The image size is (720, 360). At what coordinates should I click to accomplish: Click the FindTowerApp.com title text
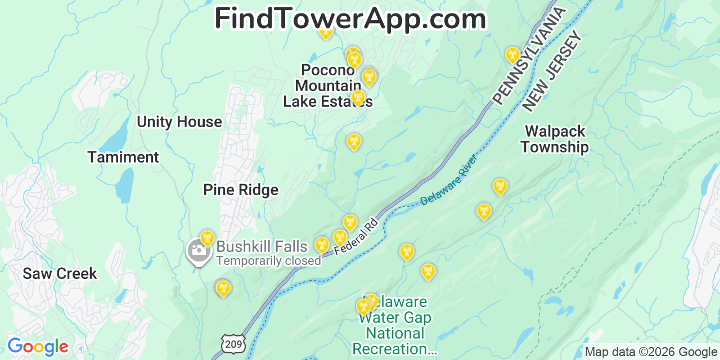pyautogui.click(x=350, y=19)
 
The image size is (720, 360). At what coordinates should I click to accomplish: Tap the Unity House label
pyautogui.click(x=179, y=122)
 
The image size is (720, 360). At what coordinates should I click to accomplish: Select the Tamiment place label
pyautogui.click(x=123, y=157)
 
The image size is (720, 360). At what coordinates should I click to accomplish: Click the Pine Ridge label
pyautogui.click(x=241, y=190)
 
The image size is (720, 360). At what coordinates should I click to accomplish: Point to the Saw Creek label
pyautogui.click(x=60, y=274)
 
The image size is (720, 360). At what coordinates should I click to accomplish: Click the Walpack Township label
pyautogui.click(x=555, y=139)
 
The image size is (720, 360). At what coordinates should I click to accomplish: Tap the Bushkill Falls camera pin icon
pyautogui.click(x=198, y=251)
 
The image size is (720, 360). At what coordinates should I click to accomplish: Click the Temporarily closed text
pyautogui.click(x=268, y=261)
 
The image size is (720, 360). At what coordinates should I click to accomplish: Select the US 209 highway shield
pyautogui.click(x=232, y=343)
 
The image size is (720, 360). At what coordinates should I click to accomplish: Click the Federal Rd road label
pyautogui.click(x=355, y=236)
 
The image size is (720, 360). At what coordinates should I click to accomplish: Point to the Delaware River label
pyautogui.click(x=449, y=179)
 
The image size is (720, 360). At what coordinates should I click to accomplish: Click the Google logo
pyautogui.click(x=38, y=347)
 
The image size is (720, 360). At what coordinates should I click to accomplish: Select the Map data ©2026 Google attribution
pyautogui.click(x=651, y=352)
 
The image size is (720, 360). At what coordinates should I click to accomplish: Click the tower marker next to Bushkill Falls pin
pyautogui.click(x=208, y=238)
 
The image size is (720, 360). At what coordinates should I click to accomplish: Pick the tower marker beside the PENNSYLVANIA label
pyautogui.click(x=512, y=55)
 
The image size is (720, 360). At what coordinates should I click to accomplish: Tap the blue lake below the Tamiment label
pyautogui.click(x=125, y=185)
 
